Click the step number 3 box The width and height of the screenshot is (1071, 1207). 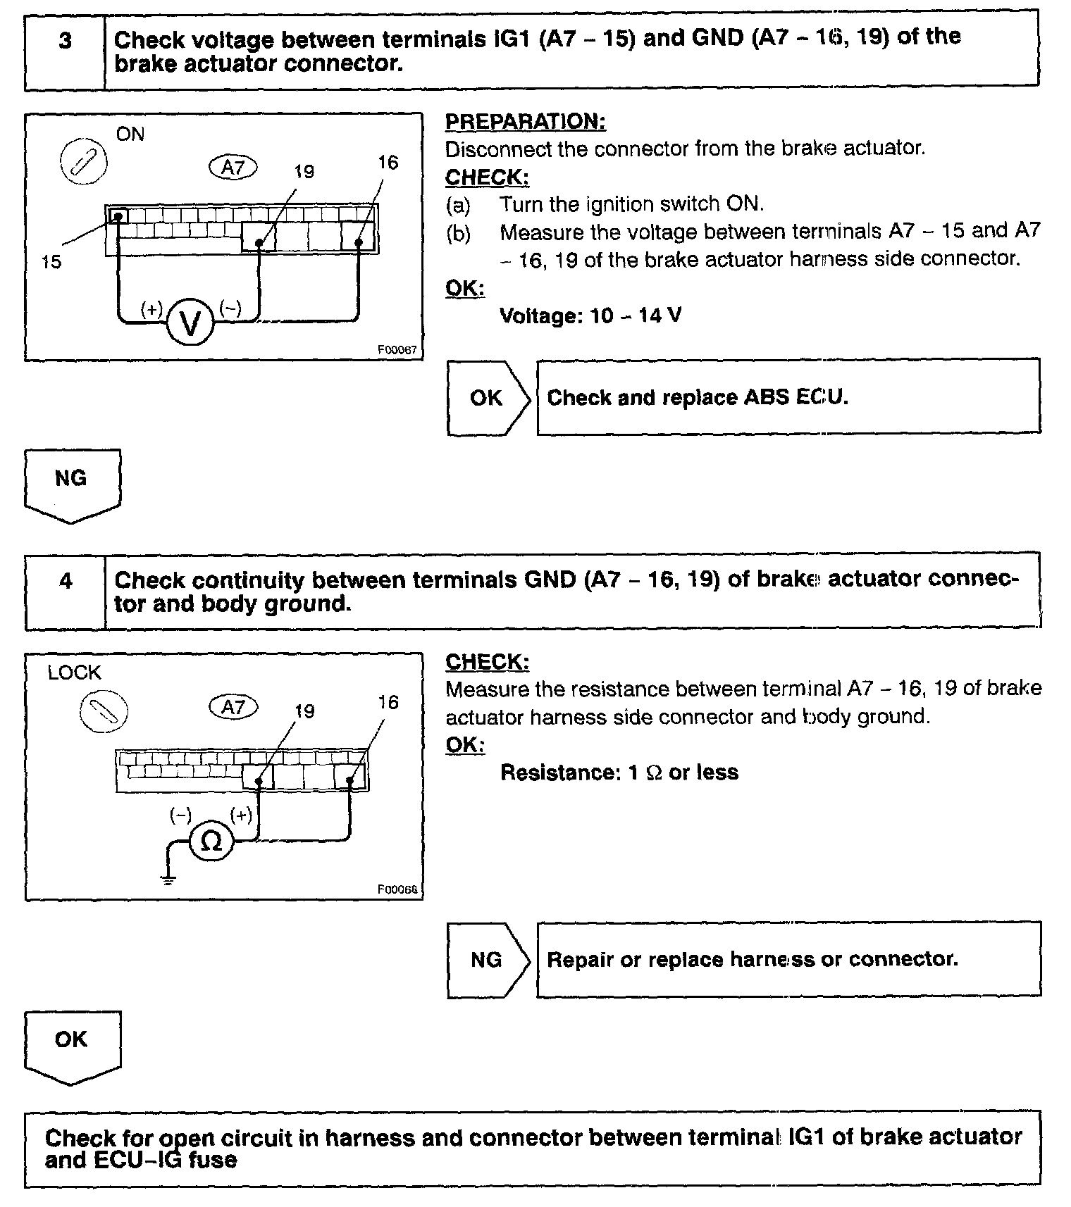(65, 50)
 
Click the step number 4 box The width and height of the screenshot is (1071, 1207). (66, 591)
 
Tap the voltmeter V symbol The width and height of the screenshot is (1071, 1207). (190, 323)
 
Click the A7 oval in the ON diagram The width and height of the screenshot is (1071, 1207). (233, 168)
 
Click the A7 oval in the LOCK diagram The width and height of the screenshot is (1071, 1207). (233, 706)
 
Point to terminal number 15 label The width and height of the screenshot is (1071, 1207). (51, 262)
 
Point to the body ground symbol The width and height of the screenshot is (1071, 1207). (167, 877)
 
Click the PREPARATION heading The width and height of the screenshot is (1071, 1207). (525, 121)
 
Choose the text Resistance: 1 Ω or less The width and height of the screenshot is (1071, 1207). (619, 773)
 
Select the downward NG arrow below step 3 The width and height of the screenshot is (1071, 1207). (72, 484)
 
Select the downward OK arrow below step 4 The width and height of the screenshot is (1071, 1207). (72, 1045)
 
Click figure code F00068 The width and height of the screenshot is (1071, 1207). (397, 889)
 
